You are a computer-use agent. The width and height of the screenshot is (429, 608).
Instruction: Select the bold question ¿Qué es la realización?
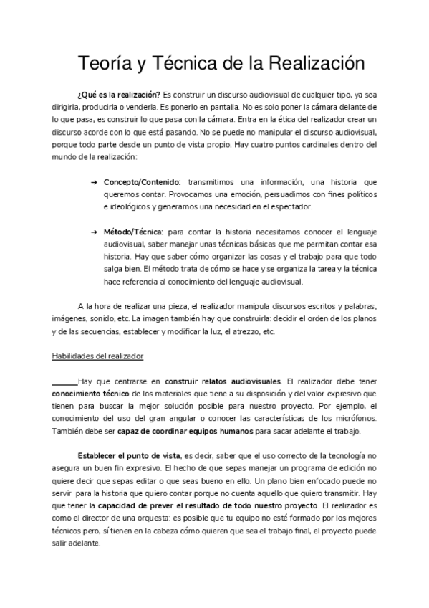[x=118, y=95]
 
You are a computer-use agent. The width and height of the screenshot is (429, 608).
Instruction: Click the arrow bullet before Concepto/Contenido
[x=95, y=182]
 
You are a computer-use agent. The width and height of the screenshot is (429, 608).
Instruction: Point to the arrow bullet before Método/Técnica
[x=95, y=231]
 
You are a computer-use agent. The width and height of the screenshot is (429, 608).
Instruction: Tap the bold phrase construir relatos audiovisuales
[x=223, y=381]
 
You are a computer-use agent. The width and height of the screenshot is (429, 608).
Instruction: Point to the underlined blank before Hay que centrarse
[x=64, y=381]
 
